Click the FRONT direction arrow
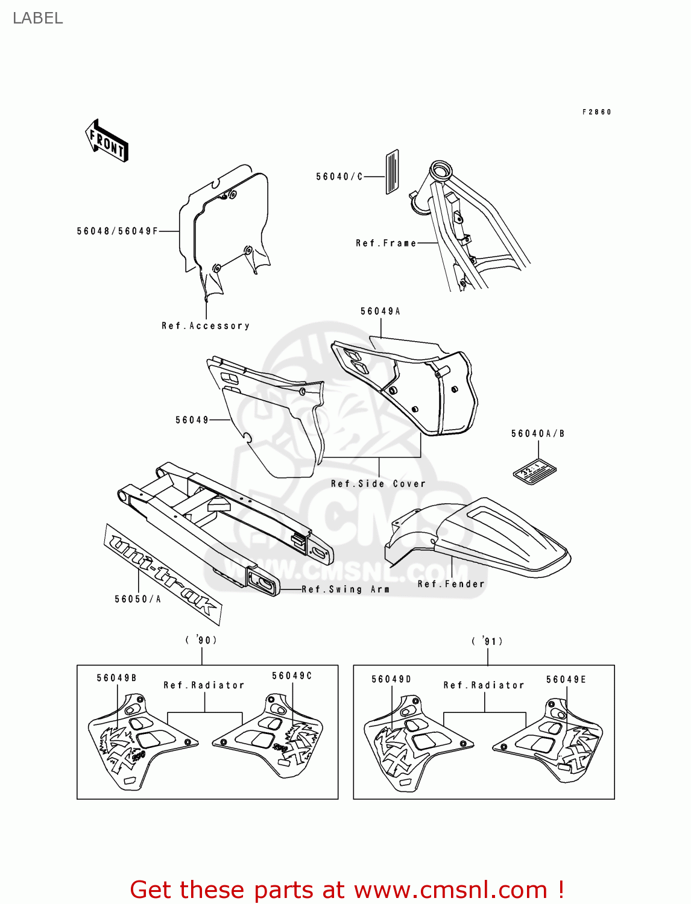[107, 140]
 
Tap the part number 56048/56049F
[118, 231]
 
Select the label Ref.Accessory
[206, 325]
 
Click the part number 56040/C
[339, 177]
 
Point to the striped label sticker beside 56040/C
[392, 172]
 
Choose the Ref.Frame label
[386, 243]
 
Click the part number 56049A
[380, 311]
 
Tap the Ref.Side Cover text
[378, 483]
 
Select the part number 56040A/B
[538, 433]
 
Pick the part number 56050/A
[138, 598]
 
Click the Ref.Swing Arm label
[345, 589]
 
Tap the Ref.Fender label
[451, 583]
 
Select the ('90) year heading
[201, 639]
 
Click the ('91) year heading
[487, 641]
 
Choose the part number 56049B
[117, 678]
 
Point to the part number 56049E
[566, 679]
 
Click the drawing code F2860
[597, 112]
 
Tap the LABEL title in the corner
[37, 18]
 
